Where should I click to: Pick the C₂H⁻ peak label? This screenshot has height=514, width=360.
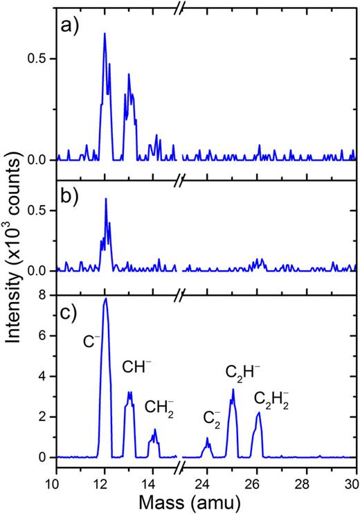[242, 372]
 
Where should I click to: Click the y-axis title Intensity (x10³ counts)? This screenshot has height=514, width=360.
[15, 257]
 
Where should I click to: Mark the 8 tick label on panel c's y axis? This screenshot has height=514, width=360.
[43, 295]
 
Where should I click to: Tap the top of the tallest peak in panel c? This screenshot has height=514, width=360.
[105, 299]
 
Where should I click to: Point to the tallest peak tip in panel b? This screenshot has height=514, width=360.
[106, 199]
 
